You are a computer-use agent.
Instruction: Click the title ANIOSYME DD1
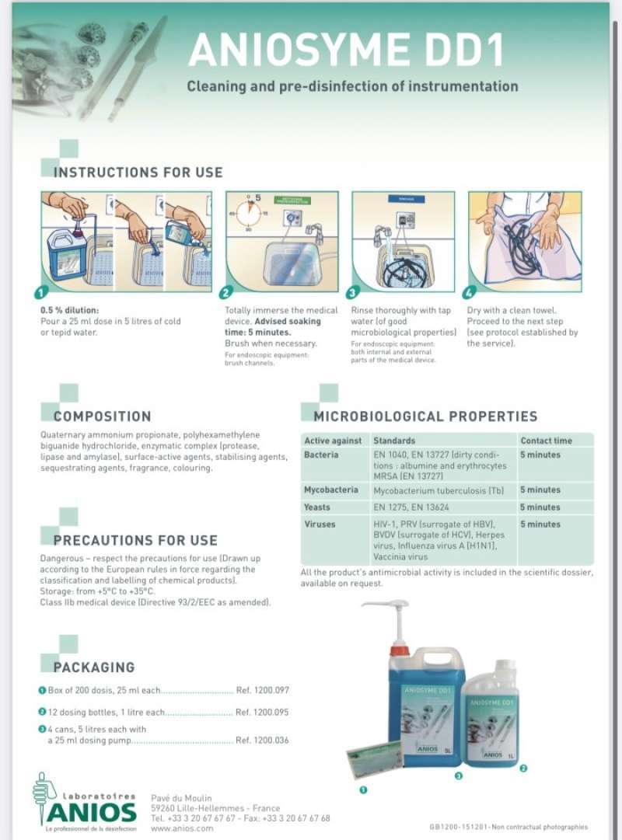346,50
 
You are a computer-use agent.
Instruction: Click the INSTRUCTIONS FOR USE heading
138,173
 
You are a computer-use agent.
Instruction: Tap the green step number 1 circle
47,293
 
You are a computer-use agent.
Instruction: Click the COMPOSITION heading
102,417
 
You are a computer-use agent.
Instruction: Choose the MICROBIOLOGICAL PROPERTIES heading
425,417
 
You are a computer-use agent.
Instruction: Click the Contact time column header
546,441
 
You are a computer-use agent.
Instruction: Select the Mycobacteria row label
331,490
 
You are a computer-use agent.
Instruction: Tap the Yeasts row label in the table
317,507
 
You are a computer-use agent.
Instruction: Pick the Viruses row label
320,525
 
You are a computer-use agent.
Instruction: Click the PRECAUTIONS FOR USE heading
135,540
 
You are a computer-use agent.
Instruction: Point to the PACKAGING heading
93,667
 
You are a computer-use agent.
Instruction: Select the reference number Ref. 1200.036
262,741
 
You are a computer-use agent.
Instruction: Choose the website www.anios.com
182,828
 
